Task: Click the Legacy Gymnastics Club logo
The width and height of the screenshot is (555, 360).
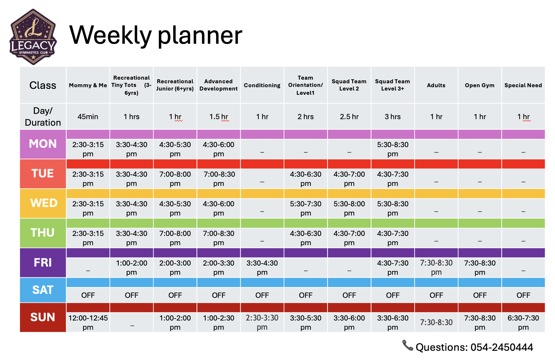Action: click(33, 37)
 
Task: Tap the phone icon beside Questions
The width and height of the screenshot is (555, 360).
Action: click(408, 345)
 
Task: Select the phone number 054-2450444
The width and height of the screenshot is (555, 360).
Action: click(502, 347)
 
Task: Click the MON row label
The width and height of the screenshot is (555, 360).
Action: click(43, 144)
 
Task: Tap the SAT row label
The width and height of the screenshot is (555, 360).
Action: click(43, 290)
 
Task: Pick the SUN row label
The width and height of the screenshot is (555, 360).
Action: click(43, 317)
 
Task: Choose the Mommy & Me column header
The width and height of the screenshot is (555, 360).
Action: click(88, 85)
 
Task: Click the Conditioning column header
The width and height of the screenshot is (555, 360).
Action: click(262, 85)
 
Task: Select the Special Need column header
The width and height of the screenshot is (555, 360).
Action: click(523, 85)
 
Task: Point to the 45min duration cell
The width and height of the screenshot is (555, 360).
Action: click(88, 116)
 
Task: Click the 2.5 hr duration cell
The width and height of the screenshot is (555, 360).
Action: click(349, 116)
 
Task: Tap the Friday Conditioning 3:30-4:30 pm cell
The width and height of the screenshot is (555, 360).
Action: click(262, 268)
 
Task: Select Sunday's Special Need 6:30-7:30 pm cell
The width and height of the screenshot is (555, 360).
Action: click(523, 322)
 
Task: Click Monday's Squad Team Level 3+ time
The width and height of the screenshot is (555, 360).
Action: click(393, 149)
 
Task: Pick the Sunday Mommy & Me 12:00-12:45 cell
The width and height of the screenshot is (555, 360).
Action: click(88, 322)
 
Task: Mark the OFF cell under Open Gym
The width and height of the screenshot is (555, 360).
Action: click(480, 295)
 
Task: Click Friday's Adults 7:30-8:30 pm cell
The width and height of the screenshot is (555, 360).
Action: click(436, 268)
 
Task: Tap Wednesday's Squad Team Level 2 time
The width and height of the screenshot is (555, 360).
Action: click(349, 208)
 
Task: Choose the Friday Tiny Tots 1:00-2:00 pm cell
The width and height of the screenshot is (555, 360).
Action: click(132, 268)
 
